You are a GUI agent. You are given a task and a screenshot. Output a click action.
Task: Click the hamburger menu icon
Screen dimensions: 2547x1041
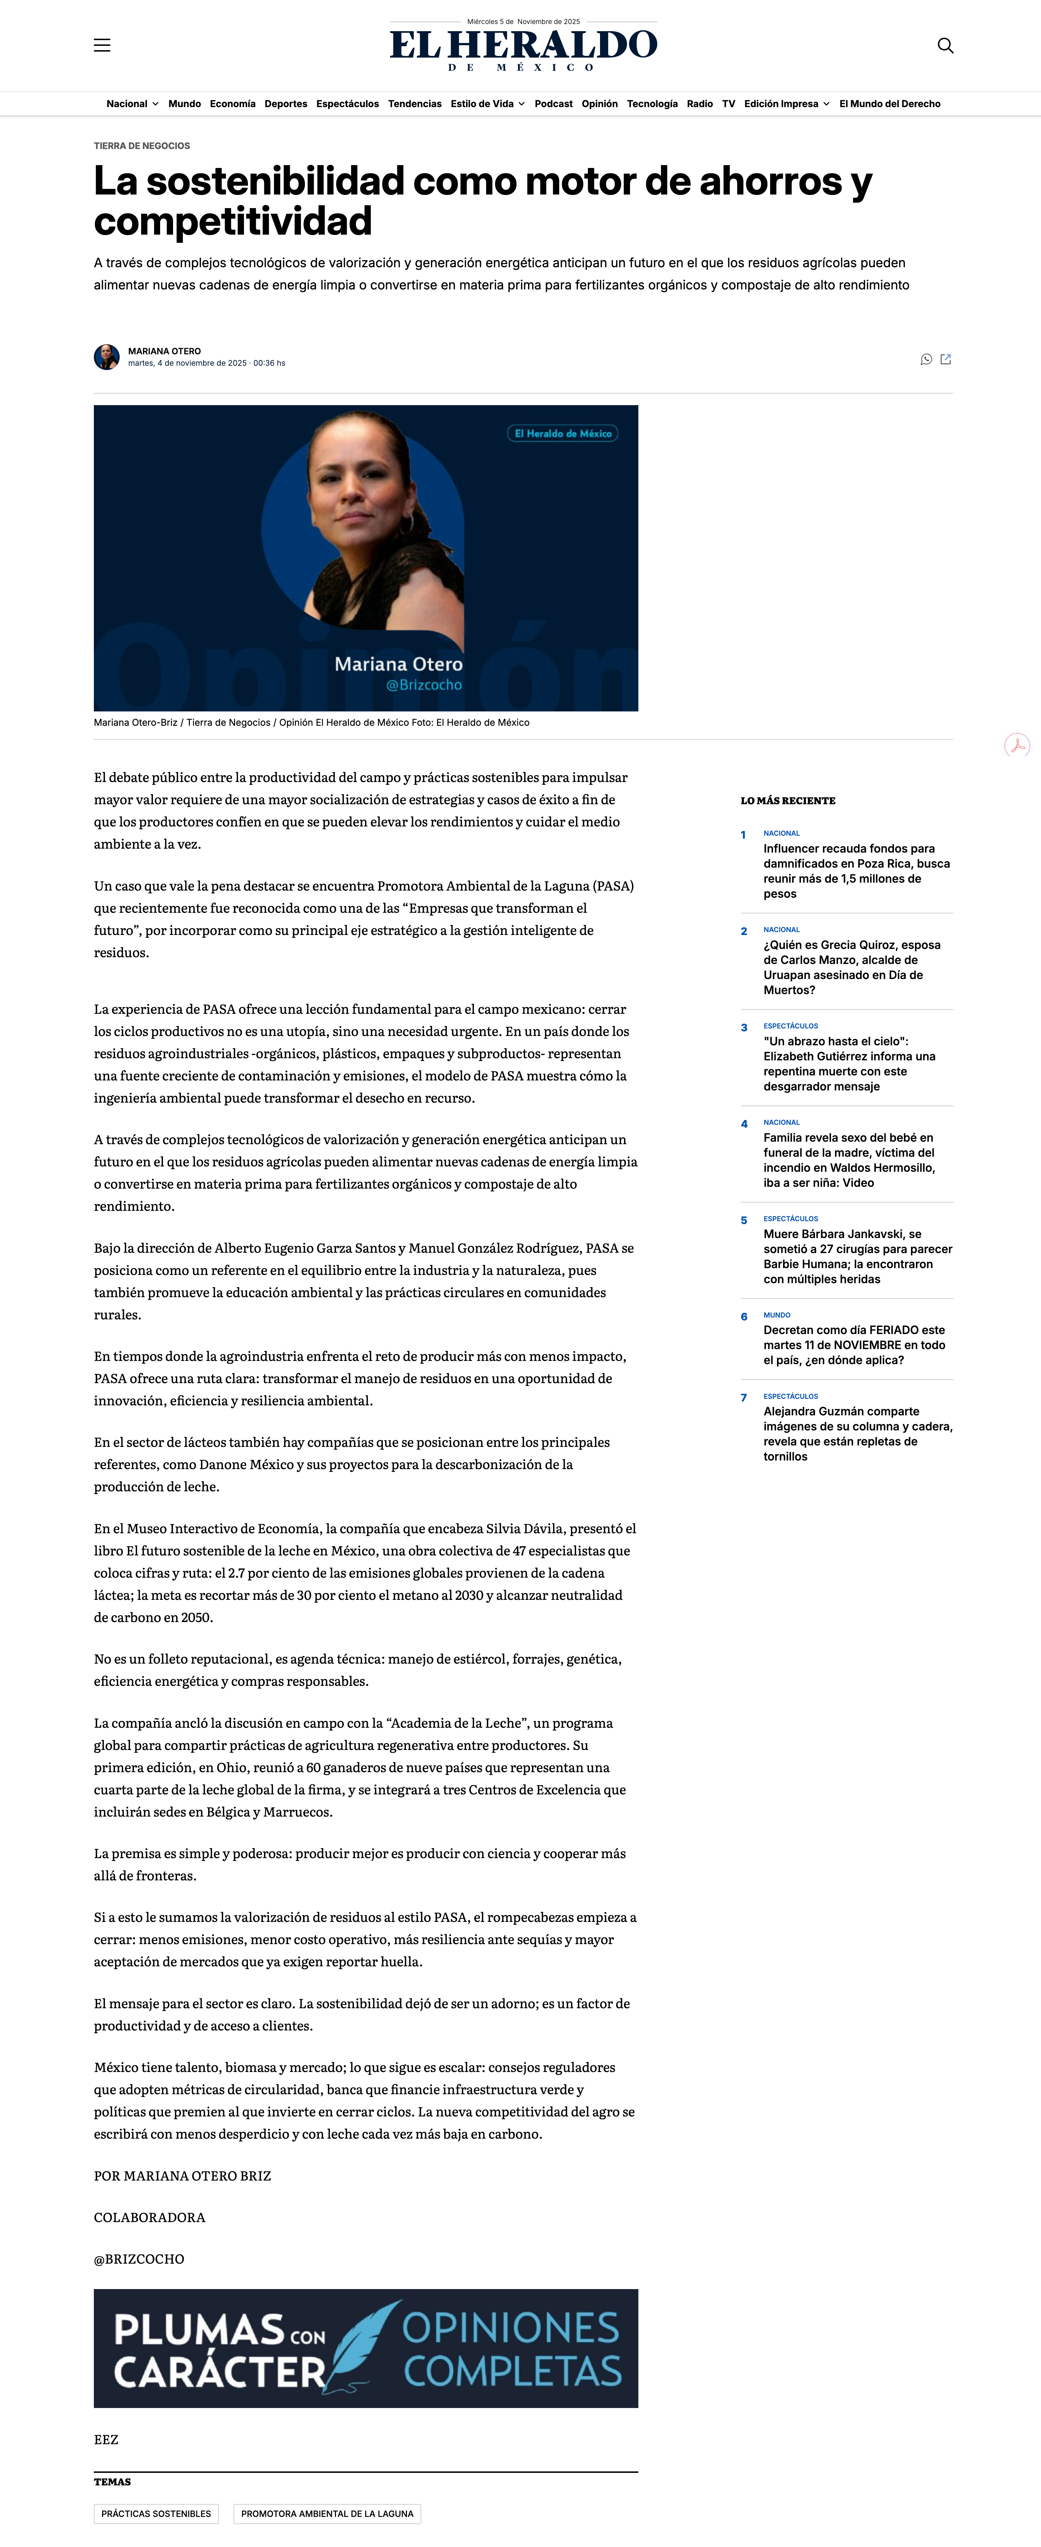tap(102, 45)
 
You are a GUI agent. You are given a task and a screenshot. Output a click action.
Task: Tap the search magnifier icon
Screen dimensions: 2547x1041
tap(945, 45)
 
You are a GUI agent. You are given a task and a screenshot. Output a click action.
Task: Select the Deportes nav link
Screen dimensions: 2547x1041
tap(286, 104)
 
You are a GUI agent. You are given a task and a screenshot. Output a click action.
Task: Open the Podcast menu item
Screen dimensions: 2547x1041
tap(553, 104)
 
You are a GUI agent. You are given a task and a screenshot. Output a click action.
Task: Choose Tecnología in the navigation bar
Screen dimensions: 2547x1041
tap(652, 104)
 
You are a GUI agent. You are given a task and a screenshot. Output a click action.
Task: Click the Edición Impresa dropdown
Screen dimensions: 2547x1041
tap(786, 104)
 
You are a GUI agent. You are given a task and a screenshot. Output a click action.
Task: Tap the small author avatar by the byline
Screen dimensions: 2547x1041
tap(107, 357)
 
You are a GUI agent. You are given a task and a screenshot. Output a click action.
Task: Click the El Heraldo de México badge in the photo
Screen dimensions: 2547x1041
tap(562, 433)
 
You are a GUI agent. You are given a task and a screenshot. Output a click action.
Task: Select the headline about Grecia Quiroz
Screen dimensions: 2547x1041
tap(851, 967)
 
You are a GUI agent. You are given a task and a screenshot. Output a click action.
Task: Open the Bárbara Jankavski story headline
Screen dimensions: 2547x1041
tap(857, 1256)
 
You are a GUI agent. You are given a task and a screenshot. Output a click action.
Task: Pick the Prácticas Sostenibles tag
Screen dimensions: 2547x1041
tap(156, 2513)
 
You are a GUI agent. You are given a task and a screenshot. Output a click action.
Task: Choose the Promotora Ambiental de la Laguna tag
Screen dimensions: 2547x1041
tap(327, 2513)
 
